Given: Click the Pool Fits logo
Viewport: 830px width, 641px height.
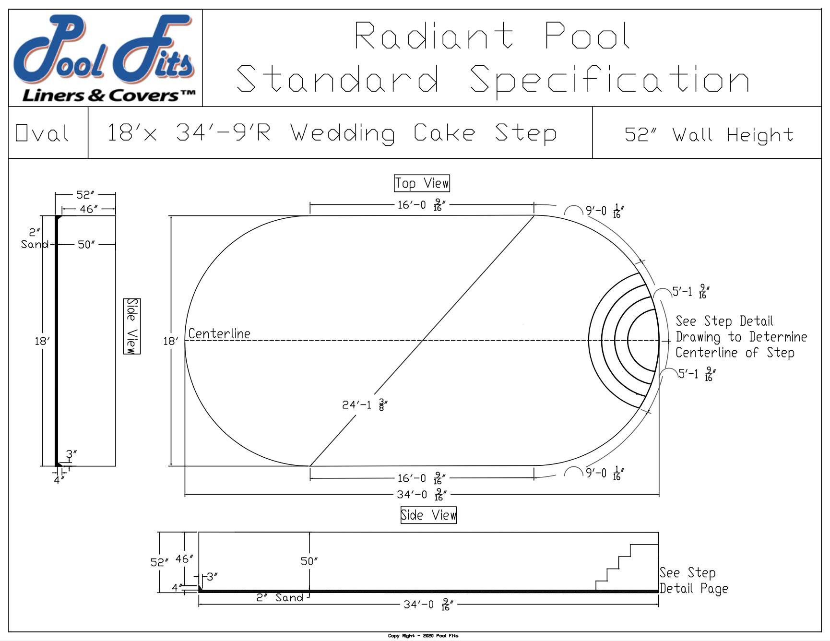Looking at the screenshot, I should [x=105, y=58].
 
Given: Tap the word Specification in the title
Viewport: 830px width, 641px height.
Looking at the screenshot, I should [x=609, y=79].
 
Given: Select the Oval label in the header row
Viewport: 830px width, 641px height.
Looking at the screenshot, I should [x=42, y=133].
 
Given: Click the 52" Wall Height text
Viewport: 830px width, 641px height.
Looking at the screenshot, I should [x=709, y=135].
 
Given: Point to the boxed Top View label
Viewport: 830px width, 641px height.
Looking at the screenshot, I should [x=422, y=183].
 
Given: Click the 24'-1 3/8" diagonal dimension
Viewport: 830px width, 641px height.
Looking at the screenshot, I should [x=364, y=404].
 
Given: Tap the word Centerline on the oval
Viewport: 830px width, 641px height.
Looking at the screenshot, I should [x=219, y=333].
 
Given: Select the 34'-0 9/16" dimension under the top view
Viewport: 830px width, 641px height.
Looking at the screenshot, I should [x=422, y=494].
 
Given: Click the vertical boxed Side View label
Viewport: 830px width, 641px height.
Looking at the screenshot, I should [x=132, y=326].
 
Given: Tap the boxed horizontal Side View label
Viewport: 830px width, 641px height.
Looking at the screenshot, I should [x=428, y=515].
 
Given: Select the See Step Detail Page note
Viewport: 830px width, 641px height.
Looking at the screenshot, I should [x=693, y=581].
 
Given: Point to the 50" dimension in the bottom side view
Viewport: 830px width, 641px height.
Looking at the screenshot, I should [x=309, y=561].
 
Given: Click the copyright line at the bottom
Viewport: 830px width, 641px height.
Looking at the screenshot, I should [x=423, y=636].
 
